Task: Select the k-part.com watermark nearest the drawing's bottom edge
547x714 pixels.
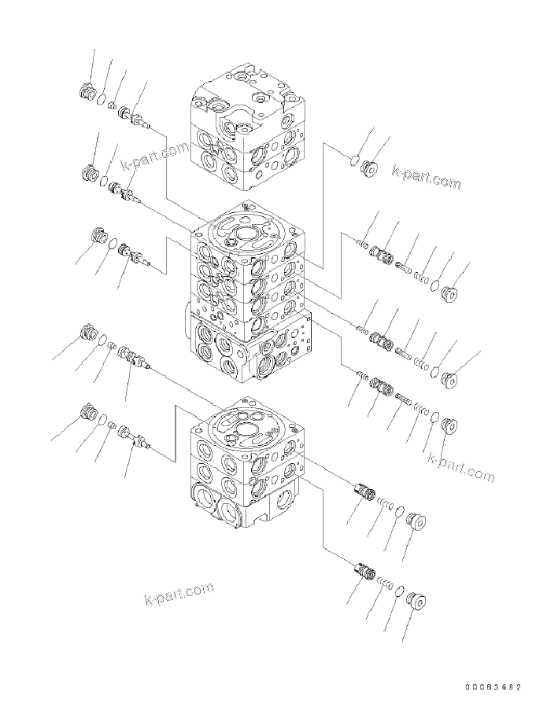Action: (179, 594)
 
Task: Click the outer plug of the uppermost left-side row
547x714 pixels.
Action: (87, 93)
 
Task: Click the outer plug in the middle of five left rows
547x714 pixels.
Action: (100, 235)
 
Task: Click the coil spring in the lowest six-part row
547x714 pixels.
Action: (422, 410)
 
